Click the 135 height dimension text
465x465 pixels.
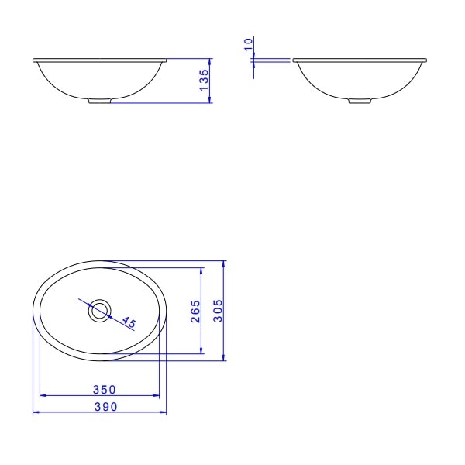pos(204,81)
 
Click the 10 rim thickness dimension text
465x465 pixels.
pos(248,45)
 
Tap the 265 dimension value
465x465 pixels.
pos(195,312)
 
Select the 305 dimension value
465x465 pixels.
pos(218,311)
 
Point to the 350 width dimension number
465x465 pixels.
pos(105,389)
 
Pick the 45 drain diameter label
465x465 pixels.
pos(129,322)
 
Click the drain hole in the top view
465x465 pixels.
pos(99,311)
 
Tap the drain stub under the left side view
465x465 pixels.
pos(99,101)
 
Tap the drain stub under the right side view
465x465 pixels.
pos(359,101)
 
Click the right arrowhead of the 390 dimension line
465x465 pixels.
pos(164,412)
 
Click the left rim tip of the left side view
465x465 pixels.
pos(34,60)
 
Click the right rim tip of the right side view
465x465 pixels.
pos(425,60)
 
